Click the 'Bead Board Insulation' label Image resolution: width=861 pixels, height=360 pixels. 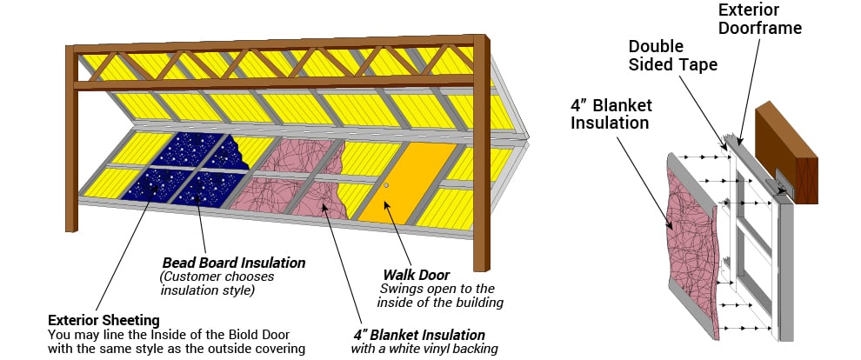click(234, 262)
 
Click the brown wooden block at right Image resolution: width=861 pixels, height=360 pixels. click(788, 151)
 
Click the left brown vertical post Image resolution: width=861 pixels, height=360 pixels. click(71, 139)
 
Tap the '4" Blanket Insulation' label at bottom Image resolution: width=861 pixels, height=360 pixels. click(418, 335)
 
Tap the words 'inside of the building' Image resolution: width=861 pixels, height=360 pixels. click(440, 303)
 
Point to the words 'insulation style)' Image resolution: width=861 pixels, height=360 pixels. click(205, 290)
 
